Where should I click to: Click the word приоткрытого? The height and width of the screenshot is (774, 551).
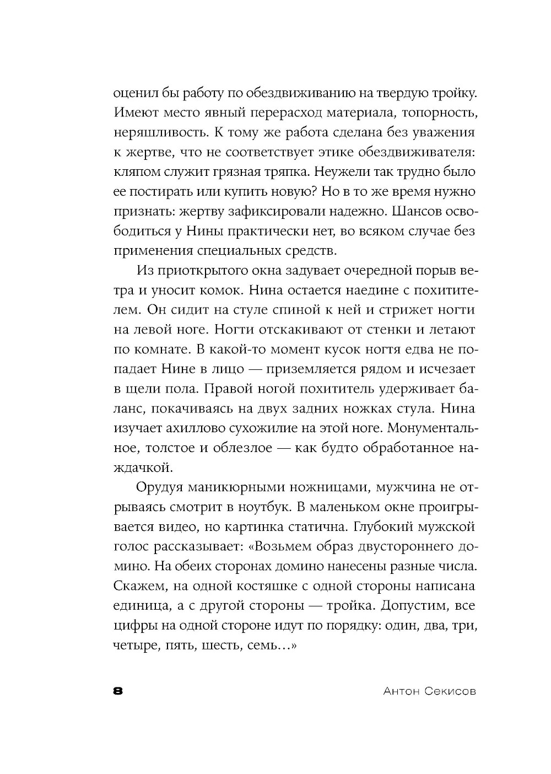coord(199,271)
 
